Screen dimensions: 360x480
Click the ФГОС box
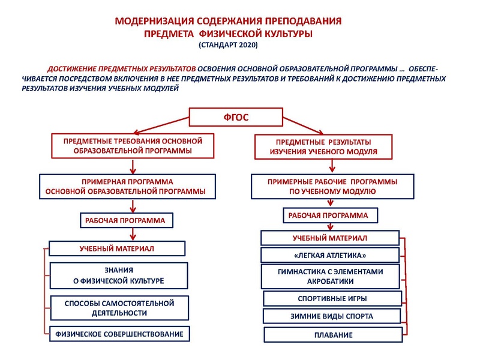click(x=236, y=117)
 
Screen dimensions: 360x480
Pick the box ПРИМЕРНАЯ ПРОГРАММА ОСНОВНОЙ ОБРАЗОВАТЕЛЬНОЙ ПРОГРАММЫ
click(x=127, y=186)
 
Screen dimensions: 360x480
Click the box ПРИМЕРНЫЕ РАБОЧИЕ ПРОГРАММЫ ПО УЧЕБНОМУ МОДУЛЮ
click(x=332, y=186)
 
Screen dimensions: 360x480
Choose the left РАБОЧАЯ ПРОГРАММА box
click(x=126, y=220)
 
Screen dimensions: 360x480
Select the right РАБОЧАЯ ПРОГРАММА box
click(x=332, y=215)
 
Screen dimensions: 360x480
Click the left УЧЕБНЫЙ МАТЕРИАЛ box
click(x=117, y=248)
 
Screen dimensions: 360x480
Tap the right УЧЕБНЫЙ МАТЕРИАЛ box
click(x=329, y=238)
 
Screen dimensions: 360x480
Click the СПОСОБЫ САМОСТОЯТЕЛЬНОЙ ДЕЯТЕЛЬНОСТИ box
click(x=119, y=308)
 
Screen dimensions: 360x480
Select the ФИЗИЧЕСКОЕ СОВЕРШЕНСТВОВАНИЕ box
click(x=119, y=333)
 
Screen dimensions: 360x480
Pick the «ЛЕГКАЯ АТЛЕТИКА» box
click(x=331, y=255)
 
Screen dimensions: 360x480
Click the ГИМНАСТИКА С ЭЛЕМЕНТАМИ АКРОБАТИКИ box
click(x=331, y=276)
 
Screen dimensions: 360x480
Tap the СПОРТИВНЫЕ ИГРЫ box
click(x=332, y=298)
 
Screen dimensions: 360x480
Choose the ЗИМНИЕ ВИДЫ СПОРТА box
click(x=332, y=316)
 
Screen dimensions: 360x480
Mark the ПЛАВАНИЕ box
click(x=332, y=334)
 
